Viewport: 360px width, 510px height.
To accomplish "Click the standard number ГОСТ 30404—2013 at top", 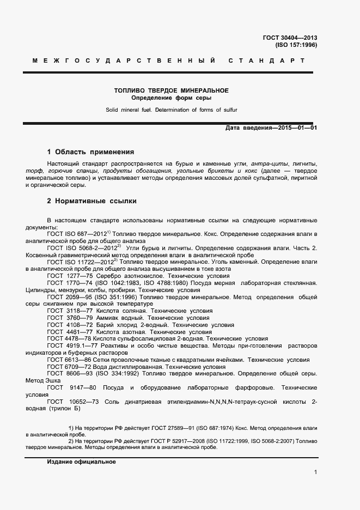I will tap(289, 38).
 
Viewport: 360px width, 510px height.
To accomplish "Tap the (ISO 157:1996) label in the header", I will tap(296, 45).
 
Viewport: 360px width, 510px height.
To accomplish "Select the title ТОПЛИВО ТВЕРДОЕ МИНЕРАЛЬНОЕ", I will tap(171, 90).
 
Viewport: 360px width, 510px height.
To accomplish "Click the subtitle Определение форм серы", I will tap(171, 98).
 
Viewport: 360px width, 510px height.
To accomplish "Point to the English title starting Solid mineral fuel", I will tap(171, 110).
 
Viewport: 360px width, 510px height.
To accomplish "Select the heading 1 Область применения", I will tap(90, 152).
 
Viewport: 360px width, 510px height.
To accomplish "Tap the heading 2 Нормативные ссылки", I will tap(91, 201).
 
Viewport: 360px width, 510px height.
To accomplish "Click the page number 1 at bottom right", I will tap(315, 472).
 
